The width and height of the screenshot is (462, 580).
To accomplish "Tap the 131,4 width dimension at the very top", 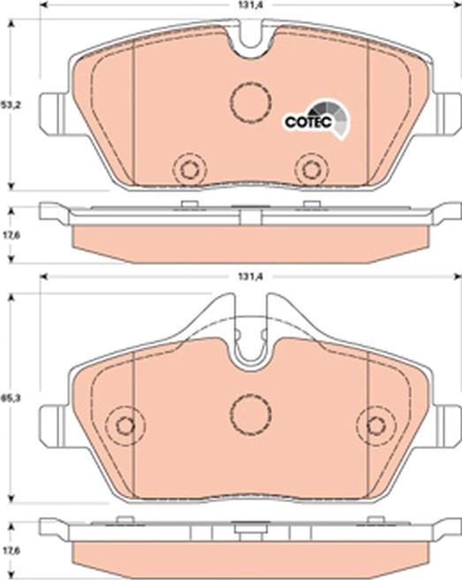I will coord(249,5).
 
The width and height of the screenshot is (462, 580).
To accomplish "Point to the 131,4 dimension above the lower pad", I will coord(250,278).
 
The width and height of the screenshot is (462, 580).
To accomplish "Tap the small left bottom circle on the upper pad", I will coord(188,169).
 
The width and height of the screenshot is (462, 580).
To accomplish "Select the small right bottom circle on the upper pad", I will coord(310,169).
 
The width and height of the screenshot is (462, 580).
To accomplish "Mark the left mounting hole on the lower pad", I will coord(125,425).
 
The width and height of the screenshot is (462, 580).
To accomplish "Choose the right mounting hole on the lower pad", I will coord(376,425).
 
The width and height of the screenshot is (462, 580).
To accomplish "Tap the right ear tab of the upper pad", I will coord(446,107).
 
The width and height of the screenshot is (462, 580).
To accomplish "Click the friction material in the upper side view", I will coord(250,241).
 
